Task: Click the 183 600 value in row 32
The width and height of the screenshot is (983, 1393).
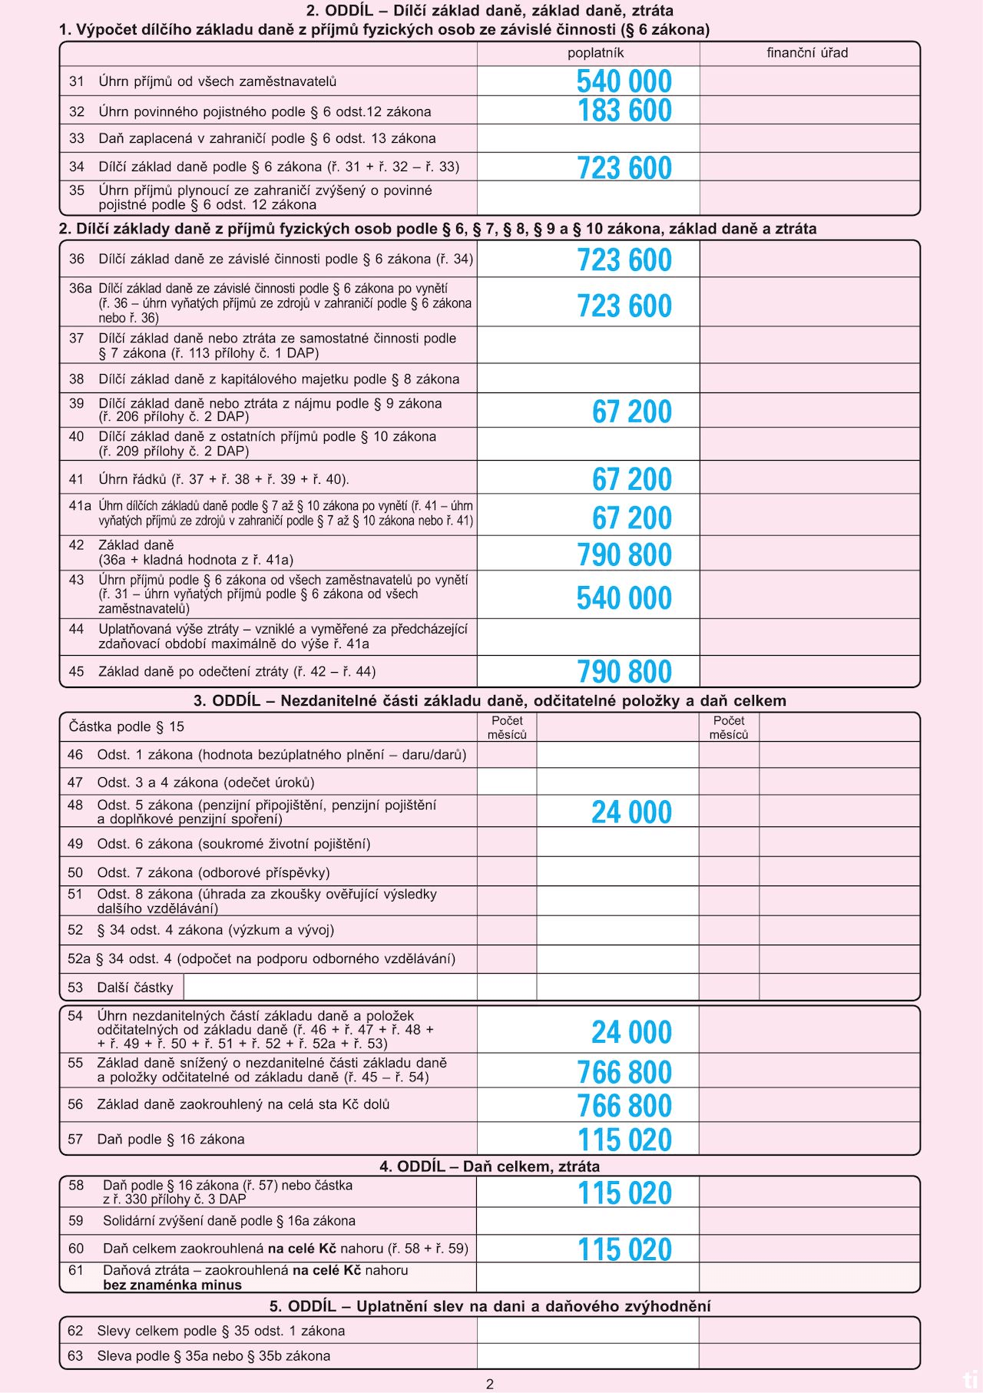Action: [624, 111]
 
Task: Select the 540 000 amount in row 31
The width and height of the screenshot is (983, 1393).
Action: [624, 81]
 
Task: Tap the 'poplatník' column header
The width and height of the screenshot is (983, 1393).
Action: [595, 53]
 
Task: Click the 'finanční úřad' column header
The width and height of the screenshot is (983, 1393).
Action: [807, 53]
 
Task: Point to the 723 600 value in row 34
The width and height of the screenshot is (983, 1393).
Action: [624, 167]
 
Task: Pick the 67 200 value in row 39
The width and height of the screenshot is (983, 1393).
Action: [631, 412]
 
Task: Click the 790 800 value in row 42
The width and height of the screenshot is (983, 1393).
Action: [624, 554]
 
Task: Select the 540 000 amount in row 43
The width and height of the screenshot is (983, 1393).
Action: [624, 597]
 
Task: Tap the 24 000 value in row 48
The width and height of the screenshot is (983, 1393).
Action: [631, 812]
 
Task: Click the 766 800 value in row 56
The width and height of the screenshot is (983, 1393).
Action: [624, 1106]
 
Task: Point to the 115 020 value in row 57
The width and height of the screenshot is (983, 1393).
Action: [624, 1140]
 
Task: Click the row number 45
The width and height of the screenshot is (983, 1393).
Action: [76, 672]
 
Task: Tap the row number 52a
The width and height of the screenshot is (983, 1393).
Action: [78, 959]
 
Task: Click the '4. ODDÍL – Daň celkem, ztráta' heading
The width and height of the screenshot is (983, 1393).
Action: [489, 1166]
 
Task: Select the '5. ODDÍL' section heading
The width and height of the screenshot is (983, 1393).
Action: [489, 1306]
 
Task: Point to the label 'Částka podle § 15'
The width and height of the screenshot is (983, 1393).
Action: [127, 726]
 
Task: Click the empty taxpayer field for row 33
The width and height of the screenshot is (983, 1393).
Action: [587, 139]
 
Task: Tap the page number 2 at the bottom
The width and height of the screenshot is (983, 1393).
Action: [490, 1385]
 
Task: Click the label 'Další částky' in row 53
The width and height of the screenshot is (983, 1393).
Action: [135, 988]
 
